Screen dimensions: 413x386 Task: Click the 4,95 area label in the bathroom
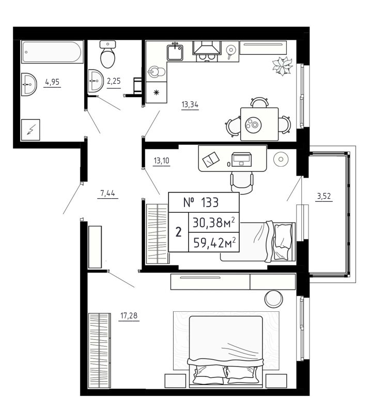click(52, 82)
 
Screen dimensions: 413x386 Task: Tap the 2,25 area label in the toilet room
click(113, 81)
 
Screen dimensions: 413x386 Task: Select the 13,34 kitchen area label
click(190, 105)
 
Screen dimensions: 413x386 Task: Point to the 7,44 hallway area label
click(107, 194)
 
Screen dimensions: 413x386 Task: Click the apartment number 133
click(204, 202)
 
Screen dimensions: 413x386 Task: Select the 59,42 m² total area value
click(214, 242)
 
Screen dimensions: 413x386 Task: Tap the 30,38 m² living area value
click(214, 223)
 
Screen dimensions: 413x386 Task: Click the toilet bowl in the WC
click(107, 57)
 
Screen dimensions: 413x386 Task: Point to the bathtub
click(52, 53)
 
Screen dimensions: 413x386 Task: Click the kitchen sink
click(175, 52)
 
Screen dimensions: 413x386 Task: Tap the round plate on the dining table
click(253, 124)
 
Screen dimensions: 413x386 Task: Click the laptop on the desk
click(242, 158)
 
